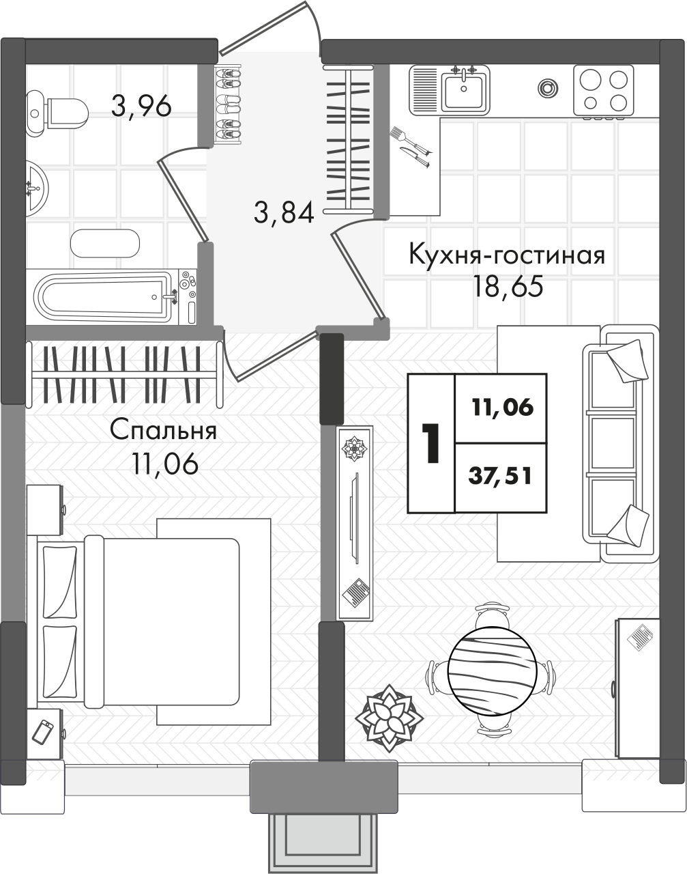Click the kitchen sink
[463, 89]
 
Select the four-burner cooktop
[603, 89]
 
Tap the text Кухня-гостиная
[506, 255]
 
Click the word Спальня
[164, 432]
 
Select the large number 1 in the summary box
[430, 443]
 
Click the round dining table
[491, 670]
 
